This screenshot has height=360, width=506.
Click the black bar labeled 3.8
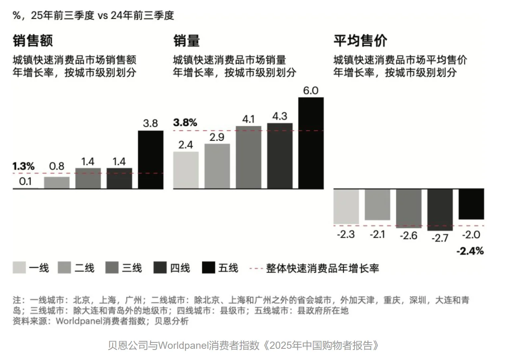click(151, 160)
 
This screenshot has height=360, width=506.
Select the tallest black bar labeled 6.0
click(311, 143)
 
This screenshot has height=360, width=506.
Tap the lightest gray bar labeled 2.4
click(186, 170)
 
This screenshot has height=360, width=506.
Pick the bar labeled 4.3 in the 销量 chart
click(279, 156)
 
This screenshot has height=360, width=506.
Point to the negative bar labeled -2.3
click(346, 206)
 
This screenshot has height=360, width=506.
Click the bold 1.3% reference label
click(24, 166)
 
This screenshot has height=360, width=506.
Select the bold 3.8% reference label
click(185, 123)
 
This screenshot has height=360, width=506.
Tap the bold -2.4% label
click(470, 251)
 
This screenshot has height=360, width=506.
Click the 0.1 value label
click(26, 181)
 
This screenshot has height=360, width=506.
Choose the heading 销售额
click(32, 41)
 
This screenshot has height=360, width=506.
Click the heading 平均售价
click(360, 41)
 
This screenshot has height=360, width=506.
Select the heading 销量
click(186, 41)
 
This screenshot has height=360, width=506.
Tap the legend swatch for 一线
click(19, 268)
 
